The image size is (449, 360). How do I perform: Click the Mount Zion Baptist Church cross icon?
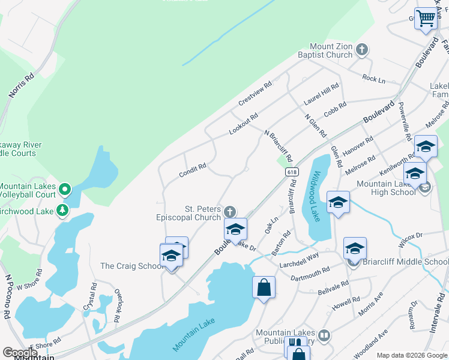click(362, 50)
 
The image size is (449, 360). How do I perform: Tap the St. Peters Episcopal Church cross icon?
click(229, 211)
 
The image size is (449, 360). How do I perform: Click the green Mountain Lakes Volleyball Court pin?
click(66, 190)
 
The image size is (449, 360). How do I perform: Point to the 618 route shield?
click(292, 172)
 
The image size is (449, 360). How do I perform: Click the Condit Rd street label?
click(192, 170)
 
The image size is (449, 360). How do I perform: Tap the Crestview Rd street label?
click(256, 92)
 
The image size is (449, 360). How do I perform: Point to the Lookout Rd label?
click(243, 124)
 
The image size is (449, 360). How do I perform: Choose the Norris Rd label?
click(22, 86)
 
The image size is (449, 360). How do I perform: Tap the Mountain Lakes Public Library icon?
click(324, 335)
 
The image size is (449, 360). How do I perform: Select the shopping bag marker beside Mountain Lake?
click(264, 287)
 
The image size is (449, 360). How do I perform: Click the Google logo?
click(20, 353)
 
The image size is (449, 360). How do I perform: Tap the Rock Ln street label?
click(373, 78)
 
